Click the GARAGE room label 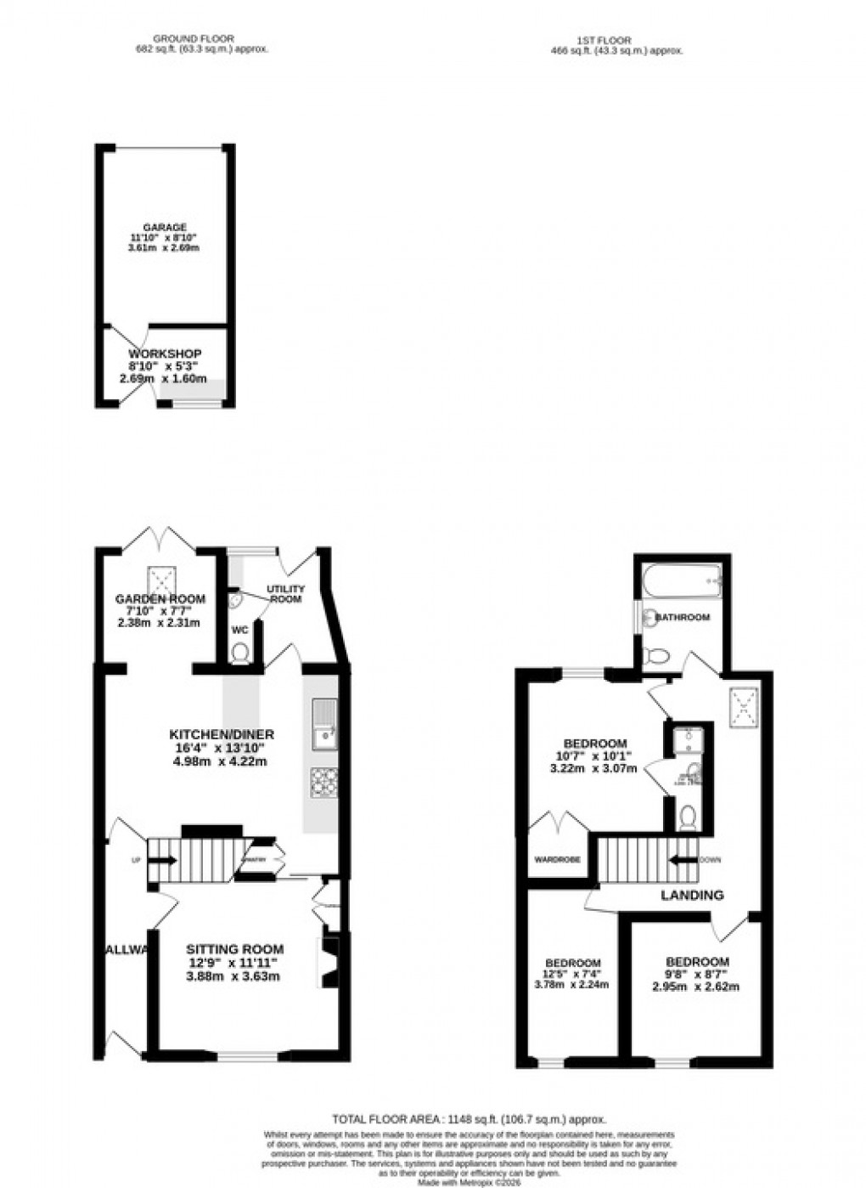164,228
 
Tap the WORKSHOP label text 165,354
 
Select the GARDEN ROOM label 160,599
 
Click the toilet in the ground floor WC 241,653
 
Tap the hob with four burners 323,784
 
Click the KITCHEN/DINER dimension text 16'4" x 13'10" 221,748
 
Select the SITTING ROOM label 235,949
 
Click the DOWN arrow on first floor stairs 682,859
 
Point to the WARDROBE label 557,859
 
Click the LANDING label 692,895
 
